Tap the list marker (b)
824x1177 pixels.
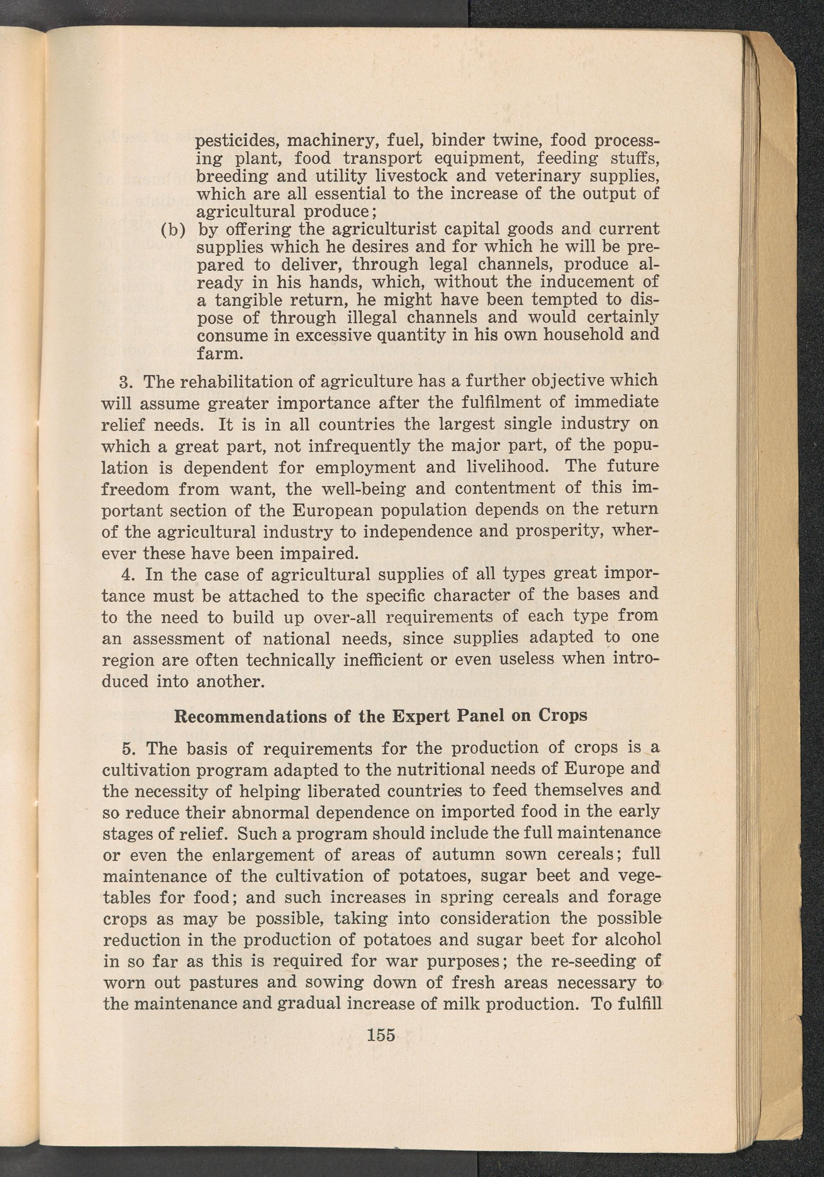(173, 229)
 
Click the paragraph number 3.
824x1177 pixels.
(126, 382)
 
